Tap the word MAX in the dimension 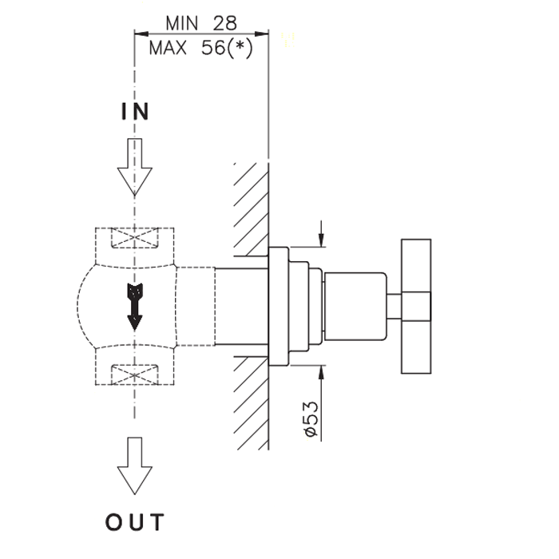168,48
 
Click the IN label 135,112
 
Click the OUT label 135,523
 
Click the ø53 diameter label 311,419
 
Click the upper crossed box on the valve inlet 134,240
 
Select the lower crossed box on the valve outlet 134,372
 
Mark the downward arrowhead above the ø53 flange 322,240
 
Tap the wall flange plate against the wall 276,306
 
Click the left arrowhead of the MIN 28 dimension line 141,34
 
